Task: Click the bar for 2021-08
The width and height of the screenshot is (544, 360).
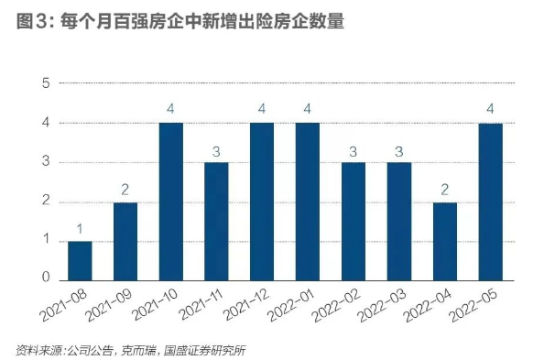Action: (x=80, y=261)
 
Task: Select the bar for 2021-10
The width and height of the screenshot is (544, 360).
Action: (x=170, y=202)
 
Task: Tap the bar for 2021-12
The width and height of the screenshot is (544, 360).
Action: (x=262, y=202)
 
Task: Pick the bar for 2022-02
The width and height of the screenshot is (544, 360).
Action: (x=353, y=222)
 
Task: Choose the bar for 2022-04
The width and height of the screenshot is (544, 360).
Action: (x=444, y=242)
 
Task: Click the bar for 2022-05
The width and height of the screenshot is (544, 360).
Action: (x=490, y=202)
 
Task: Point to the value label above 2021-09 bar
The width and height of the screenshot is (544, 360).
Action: (x=125, y=190)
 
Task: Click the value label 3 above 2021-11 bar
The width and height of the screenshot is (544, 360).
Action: (x=216, y=149)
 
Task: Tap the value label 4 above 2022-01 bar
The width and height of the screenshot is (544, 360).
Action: (x=308, y=109)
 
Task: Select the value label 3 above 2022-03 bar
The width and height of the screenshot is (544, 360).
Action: (x=398, y=149)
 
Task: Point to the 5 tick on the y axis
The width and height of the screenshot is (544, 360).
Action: (x=45, y=83)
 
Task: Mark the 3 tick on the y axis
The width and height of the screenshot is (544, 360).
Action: (x=45, y=163)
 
